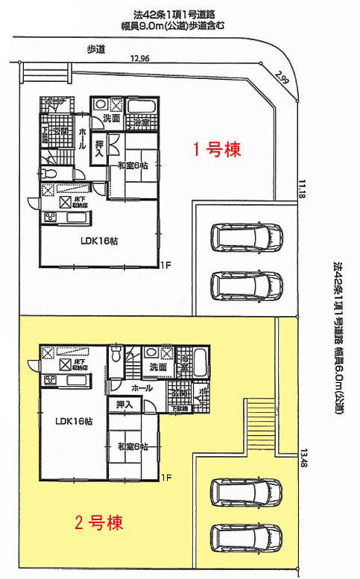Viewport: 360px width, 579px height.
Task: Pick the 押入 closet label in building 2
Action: (x=124, y=405)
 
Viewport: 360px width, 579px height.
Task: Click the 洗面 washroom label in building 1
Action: (x=112, y=118)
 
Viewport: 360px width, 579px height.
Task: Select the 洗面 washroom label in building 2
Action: (x=157, y=367)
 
